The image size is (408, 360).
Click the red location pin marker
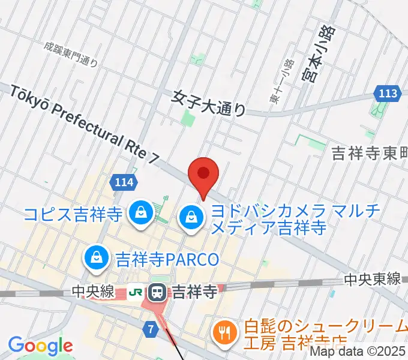(x=203, y=175)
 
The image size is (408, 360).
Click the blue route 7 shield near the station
(x=151, y=329)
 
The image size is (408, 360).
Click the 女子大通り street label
(x=209, y=103)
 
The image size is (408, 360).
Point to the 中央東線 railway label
(x=372, y=279)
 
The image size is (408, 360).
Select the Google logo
(x=40, y=346)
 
